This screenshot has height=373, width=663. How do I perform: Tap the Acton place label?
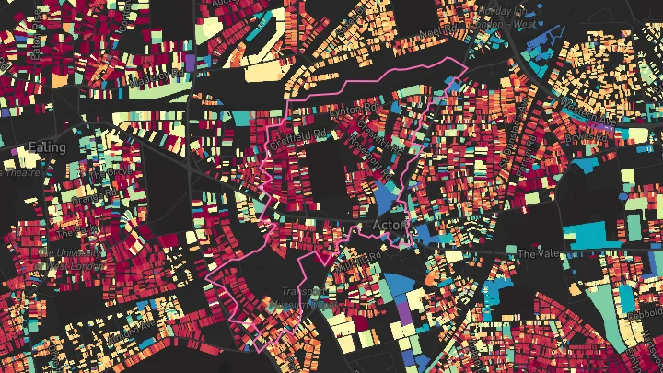coord(391,224)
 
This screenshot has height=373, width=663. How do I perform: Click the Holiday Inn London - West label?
coord(502,13)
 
